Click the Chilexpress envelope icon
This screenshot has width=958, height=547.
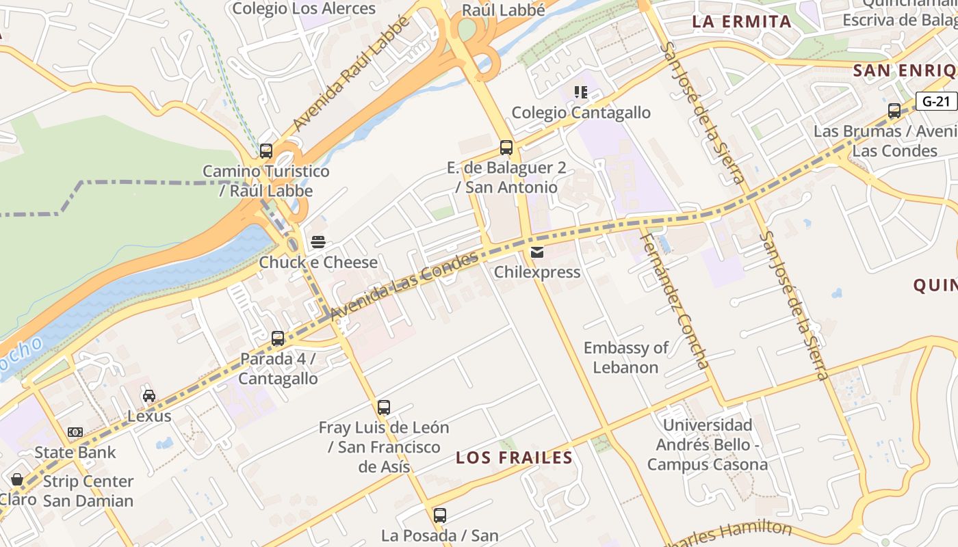click(537, 252)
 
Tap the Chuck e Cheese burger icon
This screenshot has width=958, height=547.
click(318, 242)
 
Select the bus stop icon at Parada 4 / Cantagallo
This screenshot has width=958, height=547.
click(277, 338)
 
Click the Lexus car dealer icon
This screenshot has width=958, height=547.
click(149, 395)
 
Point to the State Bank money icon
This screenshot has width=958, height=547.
click(75, 432)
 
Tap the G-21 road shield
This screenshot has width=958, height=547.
click(936, 101)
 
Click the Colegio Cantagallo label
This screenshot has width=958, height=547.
click(581, 113)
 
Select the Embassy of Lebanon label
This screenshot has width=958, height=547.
click(625, 358)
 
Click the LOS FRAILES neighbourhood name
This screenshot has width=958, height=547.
click(514, 457)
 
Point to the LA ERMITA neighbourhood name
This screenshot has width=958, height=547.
click(742, 21)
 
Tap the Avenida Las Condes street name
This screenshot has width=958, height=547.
click(404, 284)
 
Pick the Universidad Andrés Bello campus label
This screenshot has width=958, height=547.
click(708, 445)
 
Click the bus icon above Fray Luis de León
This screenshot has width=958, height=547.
click(384, 408)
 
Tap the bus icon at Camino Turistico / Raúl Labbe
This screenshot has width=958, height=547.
click(266, 151)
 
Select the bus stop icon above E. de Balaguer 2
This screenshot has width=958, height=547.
click(506, 147)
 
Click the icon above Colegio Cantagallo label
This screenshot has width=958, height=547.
click(581, 92)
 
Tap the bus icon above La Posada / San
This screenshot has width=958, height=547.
click(440, 515)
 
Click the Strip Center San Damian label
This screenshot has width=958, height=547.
click(88, 491)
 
